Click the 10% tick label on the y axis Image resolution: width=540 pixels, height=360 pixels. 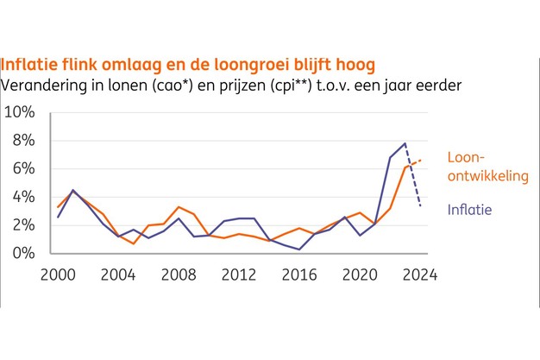[20, 113]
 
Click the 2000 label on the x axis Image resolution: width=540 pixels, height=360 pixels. [58, 275]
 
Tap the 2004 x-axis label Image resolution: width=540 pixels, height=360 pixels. [119, 275]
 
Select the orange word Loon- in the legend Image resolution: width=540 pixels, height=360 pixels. [467, 158]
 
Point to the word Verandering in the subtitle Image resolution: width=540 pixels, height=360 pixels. [46, 85]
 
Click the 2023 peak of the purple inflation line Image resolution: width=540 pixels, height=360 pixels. [405, 143]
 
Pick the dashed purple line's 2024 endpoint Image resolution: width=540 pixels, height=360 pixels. [420, 205]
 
